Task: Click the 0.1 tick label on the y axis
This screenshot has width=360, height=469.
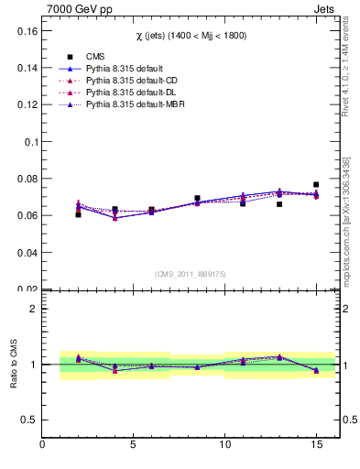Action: (x=28, y=142)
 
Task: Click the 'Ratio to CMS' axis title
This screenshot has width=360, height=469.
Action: (x=12, y=365)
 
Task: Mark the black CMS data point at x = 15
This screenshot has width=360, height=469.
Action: (x=316, y=185)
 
